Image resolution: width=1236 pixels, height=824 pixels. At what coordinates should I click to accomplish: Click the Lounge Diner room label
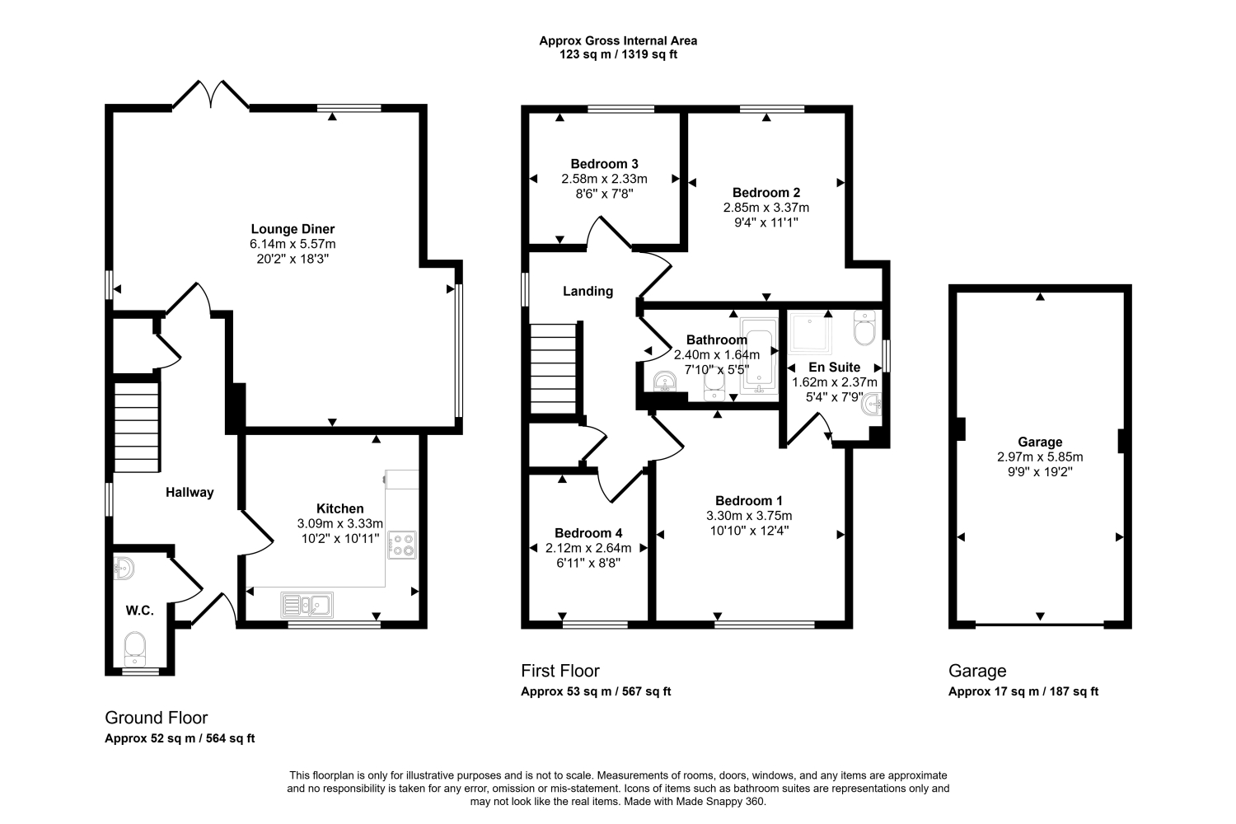[293, 229]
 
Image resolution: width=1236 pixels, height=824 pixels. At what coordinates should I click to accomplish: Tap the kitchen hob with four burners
[402, 545]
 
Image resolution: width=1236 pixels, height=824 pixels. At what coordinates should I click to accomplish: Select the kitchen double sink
[307, 605]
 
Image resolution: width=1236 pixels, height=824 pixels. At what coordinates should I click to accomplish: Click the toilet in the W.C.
[134, 648]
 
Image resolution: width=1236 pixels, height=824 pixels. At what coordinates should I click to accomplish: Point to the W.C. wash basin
[124, 568]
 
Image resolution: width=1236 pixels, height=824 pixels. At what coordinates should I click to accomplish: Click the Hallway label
[190, 492]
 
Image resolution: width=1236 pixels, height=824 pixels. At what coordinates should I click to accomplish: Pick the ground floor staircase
[136, 427]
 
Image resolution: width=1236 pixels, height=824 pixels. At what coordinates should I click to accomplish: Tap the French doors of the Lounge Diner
[211, 95]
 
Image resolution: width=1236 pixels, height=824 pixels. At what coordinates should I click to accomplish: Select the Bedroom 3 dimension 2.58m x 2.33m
[604, 179]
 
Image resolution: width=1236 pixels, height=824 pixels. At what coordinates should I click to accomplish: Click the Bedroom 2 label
[765, 193]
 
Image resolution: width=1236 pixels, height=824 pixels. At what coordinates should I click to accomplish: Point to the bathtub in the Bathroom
[759, 356]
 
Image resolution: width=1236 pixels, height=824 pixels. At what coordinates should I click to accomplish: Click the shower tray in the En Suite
[811, 333]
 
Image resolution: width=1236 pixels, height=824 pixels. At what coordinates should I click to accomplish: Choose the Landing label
[588, 292]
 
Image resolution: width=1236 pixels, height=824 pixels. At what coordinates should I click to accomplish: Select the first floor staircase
[554, 368]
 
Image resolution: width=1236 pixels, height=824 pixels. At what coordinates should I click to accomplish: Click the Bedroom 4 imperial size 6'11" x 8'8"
[588, 563]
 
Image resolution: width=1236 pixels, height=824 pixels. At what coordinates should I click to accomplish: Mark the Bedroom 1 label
[749, 501]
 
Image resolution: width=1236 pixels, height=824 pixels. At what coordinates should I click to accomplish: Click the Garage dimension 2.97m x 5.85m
[1040, 457]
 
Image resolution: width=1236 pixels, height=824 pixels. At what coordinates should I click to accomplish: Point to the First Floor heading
[560, 671]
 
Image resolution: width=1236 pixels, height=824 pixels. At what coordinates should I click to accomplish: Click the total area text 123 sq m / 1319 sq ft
[618, 54]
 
